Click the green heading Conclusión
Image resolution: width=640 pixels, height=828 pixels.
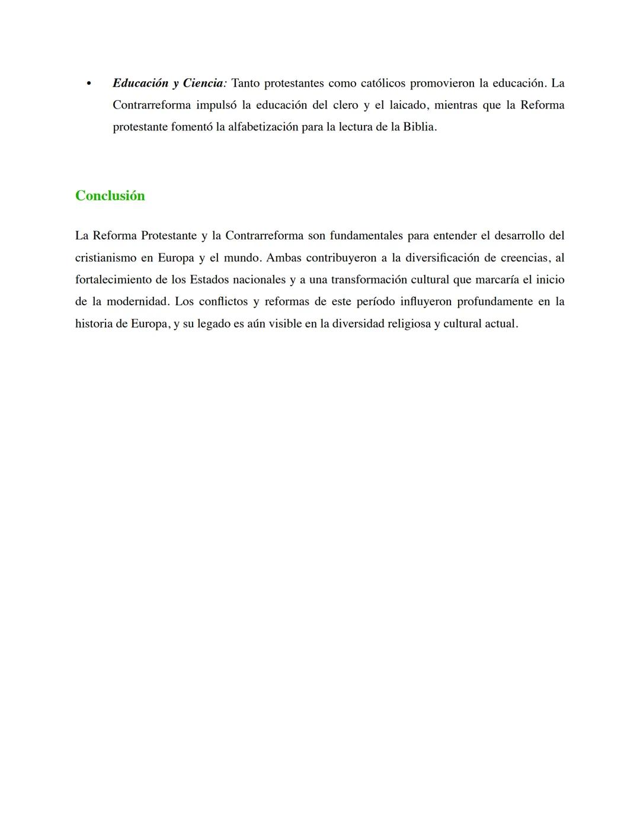110,196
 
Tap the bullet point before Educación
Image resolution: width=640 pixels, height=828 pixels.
89,84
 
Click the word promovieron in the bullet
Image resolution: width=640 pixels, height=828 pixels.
442,83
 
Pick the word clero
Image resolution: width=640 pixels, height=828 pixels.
345,105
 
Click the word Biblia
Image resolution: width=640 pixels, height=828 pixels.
419,127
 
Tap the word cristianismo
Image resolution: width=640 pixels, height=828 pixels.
105,258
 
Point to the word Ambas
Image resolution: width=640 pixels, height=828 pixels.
283,258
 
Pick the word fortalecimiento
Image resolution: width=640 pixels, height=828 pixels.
113,280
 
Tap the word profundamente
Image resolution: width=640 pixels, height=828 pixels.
495,302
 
